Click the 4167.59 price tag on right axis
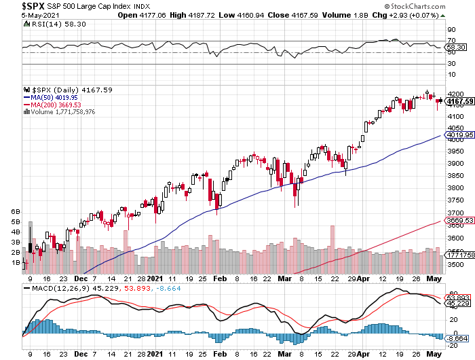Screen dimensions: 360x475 point(459,101)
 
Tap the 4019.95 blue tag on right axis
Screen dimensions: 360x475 point(459,135)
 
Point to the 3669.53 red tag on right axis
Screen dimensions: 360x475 point(459,220)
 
